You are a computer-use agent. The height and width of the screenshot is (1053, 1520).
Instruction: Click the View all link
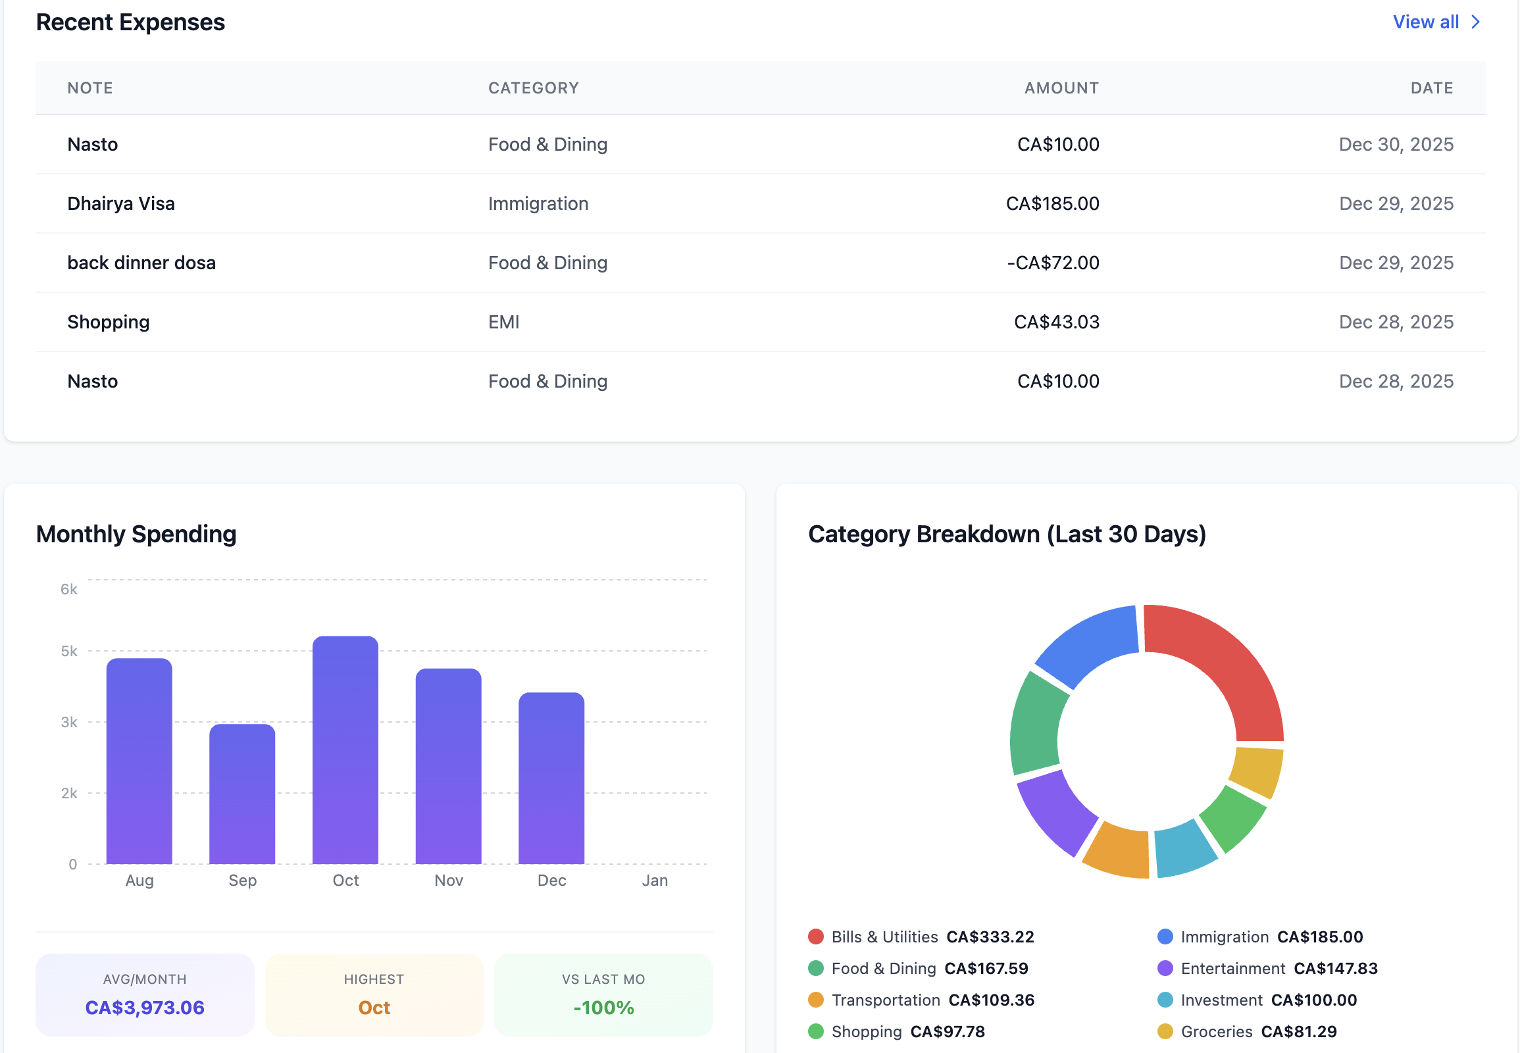tap(1436, 22)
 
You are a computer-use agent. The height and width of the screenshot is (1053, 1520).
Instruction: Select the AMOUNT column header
tap(1061, 88)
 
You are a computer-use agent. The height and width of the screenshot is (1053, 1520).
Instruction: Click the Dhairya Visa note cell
tap(120, 203)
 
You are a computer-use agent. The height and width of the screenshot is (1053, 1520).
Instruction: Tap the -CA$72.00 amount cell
tap(1053, 263)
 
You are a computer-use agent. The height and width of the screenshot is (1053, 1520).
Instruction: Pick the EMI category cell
tap(503, 322)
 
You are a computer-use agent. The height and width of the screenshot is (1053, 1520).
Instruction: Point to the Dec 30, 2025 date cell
tap(1396, 145)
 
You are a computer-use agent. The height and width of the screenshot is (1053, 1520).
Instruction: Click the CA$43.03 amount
tap(1056, 322)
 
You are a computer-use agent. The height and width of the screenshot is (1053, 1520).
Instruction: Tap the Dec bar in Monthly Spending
tap(551, 779)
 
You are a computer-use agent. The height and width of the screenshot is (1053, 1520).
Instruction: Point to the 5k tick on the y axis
tap(68, 651)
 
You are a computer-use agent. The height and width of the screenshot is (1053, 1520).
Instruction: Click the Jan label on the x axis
tap(655, 880)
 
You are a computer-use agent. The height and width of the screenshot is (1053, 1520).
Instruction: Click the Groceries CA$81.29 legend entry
tap(1247, 1032)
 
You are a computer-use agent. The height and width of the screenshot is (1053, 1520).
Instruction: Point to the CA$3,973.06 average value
tap(145, 1008)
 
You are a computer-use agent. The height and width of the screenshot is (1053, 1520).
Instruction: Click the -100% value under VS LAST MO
tap(603, 1008)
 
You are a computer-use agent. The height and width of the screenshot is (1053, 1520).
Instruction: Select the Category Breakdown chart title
tap(1007, 534)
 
